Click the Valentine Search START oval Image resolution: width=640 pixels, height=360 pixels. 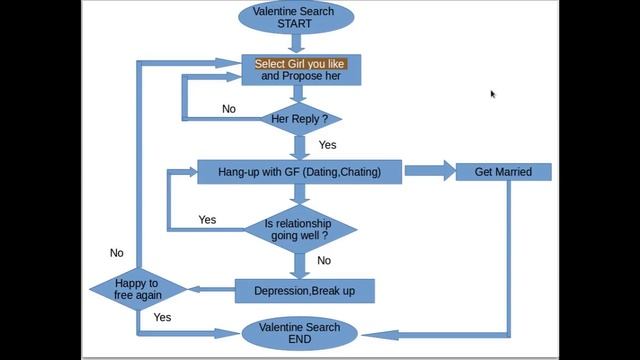296,17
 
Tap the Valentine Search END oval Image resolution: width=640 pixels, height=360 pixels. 300,333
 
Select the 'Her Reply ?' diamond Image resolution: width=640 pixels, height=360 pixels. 300,119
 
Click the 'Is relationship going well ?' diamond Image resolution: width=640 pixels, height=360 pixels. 300,229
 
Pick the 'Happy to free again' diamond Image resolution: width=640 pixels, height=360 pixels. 138,289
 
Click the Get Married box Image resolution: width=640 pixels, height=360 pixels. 503,172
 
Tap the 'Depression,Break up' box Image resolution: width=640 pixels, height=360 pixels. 304,291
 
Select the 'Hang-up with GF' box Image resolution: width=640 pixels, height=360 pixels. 300,172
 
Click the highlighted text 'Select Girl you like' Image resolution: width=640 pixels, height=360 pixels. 300,64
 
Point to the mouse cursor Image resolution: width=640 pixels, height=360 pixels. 493,94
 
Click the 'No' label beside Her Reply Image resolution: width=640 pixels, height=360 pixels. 229,109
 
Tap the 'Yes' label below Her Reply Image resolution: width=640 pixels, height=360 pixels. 327,145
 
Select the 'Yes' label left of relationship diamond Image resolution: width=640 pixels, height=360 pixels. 207,220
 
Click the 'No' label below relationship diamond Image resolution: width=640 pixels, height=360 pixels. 324,260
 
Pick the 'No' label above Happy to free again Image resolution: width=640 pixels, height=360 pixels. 117,253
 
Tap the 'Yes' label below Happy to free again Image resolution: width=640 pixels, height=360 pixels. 162,317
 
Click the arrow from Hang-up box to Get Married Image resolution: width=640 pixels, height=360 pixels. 430,171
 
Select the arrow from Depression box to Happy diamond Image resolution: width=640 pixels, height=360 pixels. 211,289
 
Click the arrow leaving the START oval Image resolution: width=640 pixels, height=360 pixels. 296,43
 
